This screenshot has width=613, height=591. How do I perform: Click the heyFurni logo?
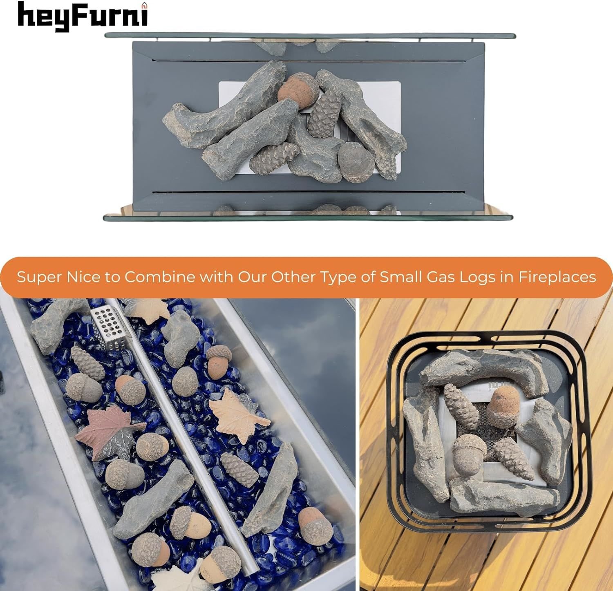point(83,16)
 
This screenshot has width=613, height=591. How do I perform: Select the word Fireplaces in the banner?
point(557,277)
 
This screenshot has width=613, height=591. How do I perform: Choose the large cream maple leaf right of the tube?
point(234,414)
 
